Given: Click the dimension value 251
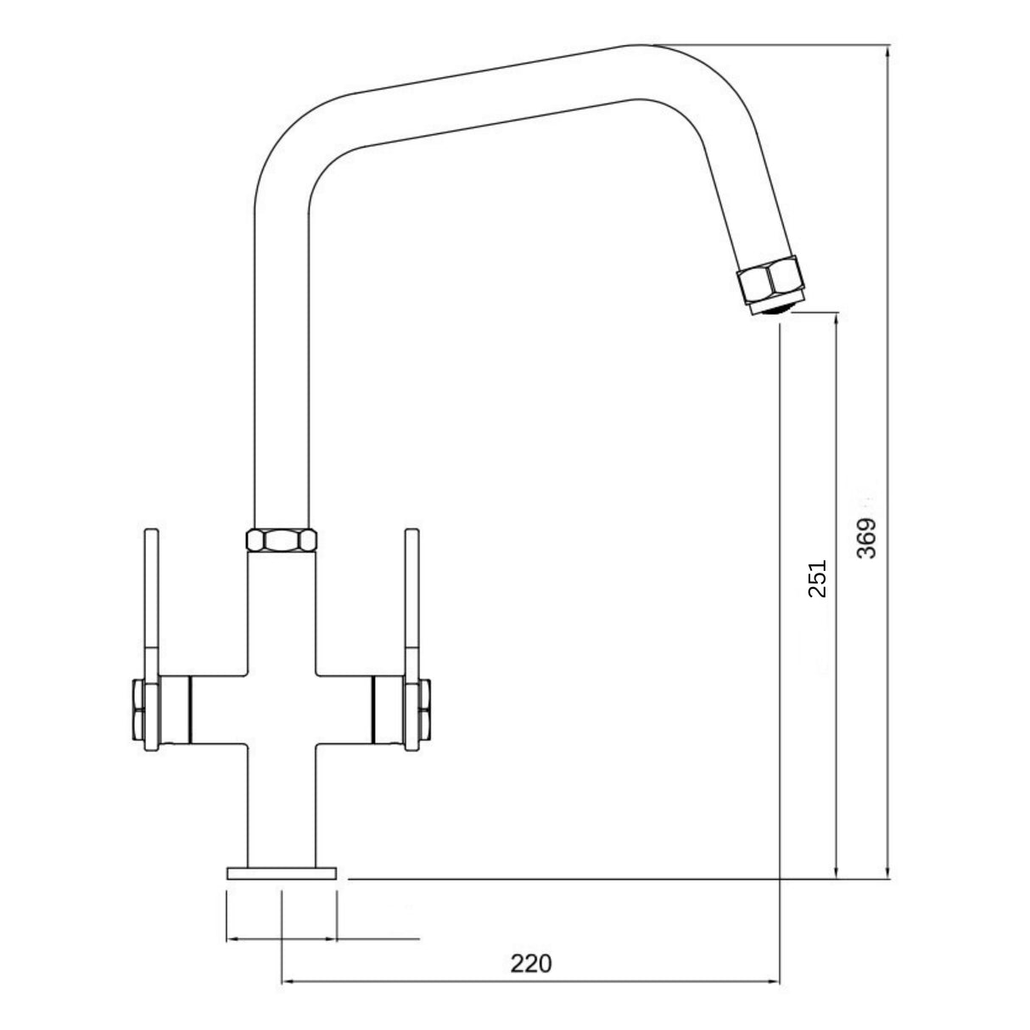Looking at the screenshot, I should [x=817, y=579].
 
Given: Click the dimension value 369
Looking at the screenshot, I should [x=866, y=538].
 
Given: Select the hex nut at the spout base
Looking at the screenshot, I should [x=281, y=540].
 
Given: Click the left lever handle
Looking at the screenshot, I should [x=151, y=602].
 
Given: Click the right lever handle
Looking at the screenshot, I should [x=411, y=602].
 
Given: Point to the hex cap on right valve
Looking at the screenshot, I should [x=425, y=708].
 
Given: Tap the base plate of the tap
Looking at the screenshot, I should [x=281, y=873].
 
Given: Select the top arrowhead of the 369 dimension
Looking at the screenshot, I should [x=887, y=51].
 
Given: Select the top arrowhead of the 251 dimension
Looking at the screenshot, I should [x=837, y=320].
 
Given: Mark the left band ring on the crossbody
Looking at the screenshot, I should [x=190, y=708].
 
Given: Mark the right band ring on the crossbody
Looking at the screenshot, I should [x=373, y=708].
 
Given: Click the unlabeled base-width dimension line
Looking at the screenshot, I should [x=322, y=938].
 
